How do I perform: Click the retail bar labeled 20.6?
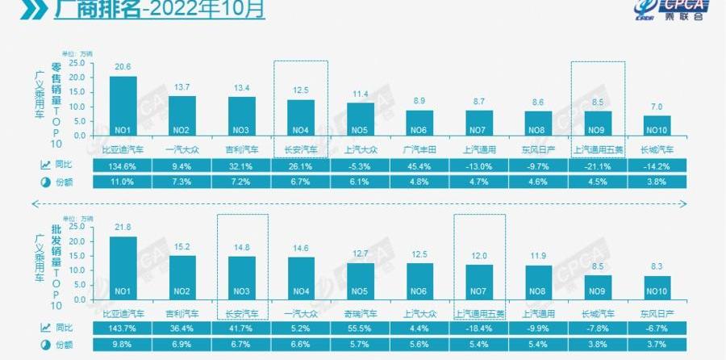click(x=123, y=105)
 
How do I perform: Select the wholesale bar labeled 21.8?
click(x=123, y=267)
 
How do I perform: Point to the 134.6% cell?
click(x=123, y=165)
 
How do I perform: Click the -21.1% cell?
click(x=598, y=165)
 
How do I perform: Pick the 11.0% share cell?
click(x=123, y=182)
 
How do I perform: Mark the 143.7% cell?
click(x=123, y=329)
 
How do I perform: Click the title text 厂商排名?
click(x=88, y=11)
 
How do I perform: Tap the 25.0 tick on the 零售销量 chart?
click(x=77, y=62)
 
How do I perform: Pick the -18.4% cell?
click(x=479, y=329)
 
